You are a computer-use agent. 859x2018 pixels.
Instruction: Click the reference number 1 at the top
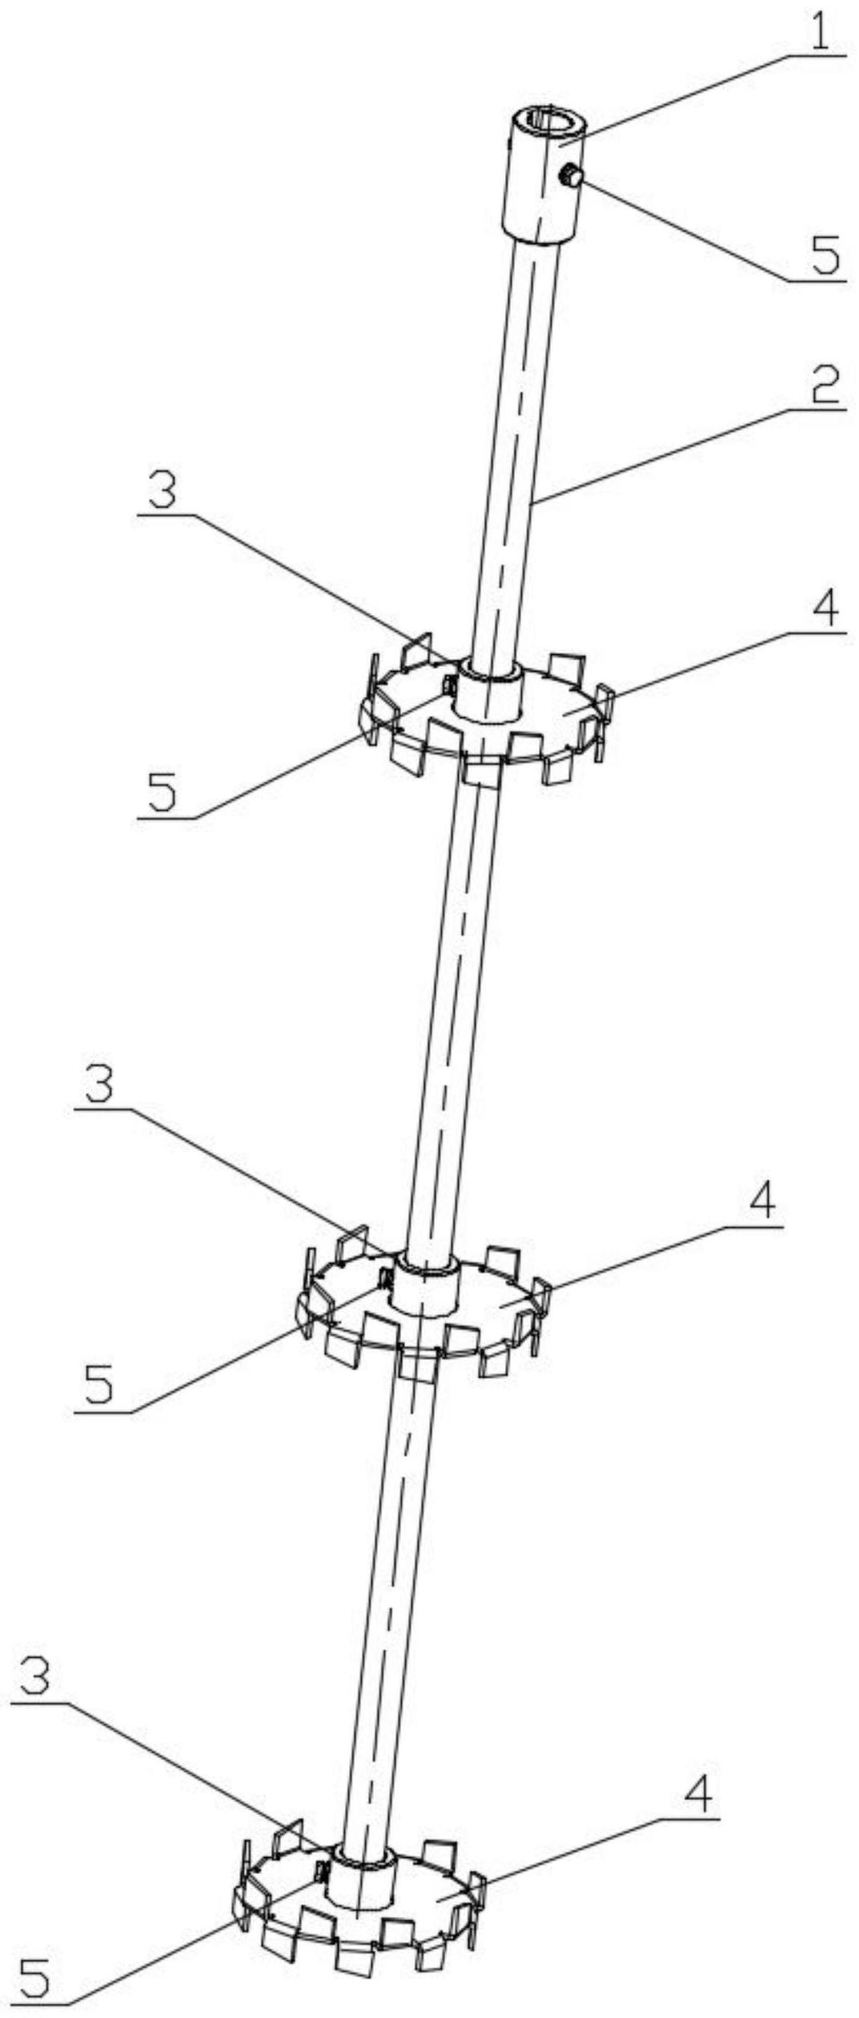[821, 30]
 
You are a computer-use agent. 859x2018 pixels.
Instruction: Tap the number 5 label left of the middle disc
[99, 1388]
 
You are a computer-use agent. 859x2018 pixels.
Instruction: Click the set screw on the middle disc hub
[385, 1278]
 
